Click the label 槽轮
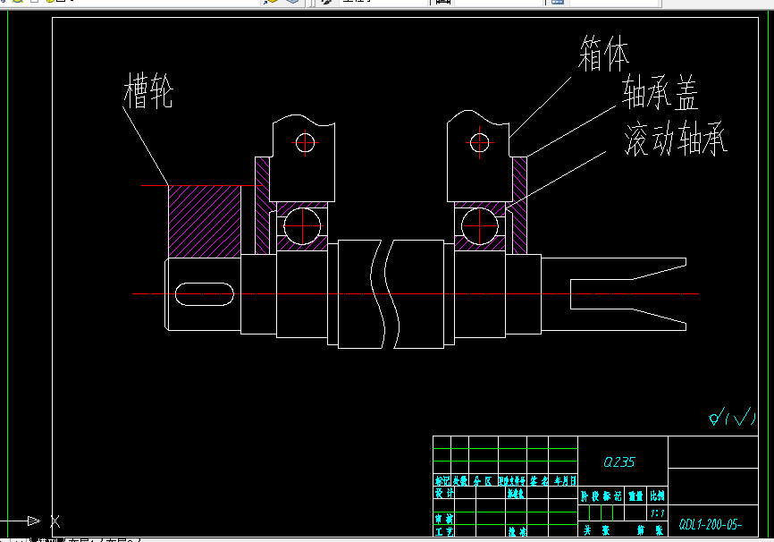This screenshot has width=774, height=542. click(148, 91)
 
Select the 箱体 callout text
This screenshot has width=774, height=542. click(603, 55)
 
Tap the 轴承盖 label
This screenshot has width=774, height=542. click(660, 93)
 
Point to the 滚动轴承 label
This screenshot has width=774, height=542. click(676, 140)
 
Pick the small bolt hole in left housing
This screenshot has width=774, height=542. click(307, 142)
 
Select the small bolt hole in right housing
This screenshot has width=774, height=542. click(481, 141)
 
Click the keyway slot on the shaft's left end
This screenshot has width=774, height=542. click(206, 292)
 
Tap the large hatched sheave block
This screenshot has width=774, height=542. click(205, 218)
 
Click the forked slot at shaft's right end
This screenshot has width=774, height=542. click(626, 292)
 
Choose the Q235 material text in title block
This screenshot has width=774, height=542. click(618, 462)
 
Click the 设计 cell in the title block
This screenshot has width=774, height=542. click(443, 493)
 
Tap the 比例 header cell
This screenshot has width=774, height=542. click(657, 494)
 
